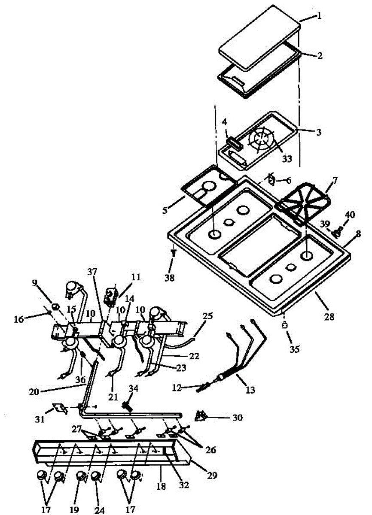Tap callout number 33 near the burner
coord(286,159)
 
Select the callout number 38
coord(170,278)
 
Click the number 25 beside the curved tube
coord(208,317)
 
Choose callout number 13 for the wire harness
coord(250,390)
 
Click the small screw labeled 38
coord(174,254)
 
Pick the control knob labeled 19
coord(81,476)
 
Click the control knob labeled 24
coord(96,476)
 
